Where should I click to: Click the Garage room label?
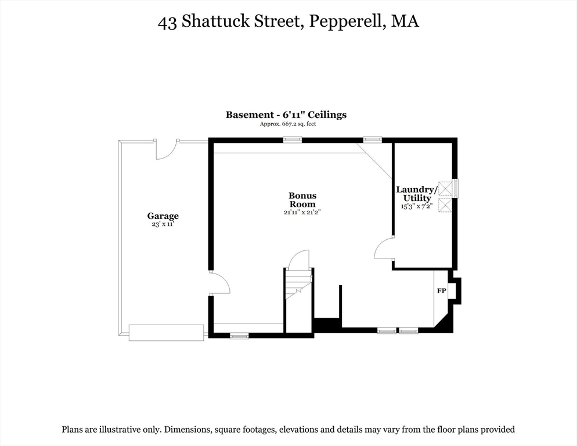pyautogui.click(x=163, y=216)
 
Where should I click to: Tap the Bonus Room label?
pyautogui.click(x=302, y=200)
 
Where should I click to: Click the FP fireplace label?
pyautogui.click(x=442, y=291)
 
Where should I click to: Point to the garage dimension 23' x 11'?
pyautogui.click(x=163, y=224)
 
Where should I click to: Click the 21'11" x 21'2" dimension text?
pyautogui.click(x=302, y=212)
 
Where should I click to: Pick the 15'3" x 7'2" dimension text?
pyautogui.click(x=417, y=206)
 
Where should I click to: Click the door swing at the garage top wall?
pyautogui.click(x=165, y=150)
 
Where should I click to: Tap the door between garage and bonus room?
pyautogui.click(x=219, y=283)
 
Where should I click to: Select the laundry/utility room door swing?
pyautogui.click(x=384, y=248)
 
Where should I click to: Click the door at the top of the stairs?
pyautogui.click(x=299, y=259)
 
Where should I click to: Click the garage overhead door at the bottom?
pyautogui.click(x=167, y=333)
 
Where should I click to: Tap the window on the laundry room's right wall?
pyautogui.click(x=456, y=188)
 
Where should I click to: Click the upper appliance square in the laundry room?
pyautogui.click(x=445, y=189)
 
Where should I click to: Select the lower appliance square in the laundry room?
pyautogui.click(x=445, y=205)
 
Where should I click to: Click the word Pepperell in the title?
pyautogui.click(x=347, y=21)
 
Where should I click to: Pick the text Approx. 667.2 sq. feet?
pyautogui.click(x=288, y=124)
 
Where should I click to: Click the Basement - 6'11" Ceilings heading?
pyautogui.click(x=286, y=115)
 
